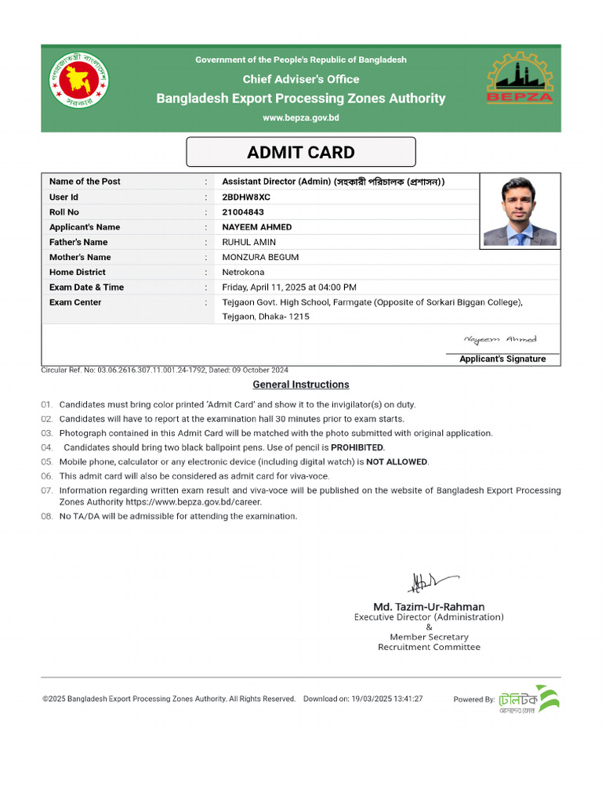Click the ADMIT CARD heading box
301,152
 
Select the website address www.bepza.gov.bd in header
301,117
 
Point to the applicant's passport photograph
520,211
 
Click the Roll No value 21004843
243,212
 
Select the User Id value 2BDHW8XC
246,197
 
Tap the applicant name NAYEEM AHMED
257,227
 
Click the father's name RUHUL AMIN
249,242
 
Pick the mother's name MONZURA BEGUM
260,257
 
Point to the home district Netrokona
245,273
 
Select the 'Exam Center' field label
75,302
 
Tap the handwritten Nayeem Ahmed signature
500,339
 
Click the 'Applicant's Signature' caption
502,359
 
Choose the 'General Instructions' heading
301,385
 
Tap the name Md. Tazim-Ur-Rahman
429,606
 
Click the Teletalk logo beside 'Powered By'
530,699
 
